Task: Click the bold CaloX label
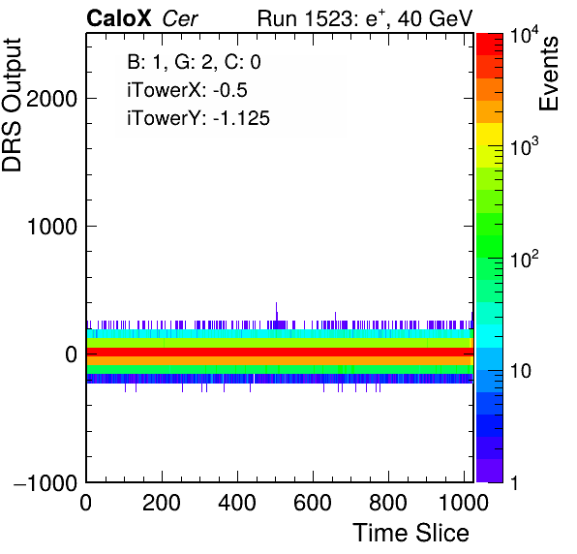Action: click(118, 18)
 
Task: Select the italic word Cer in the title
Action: click(180, 18)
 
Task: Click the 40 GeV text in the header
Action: click(435, 18)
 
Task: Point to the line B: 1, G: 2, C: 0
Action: click(194, 62)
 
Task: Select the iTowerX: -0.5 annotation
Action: click(187, 90)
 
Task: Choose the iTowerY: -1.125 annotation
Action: click(198, 118)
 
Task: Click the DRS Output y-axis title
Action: click(12, 105)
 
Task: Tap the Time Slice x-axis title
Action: click(410, 533)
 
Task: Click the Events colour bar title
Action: click(548, 74)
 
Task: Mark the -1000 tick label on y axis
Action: click(46, 482)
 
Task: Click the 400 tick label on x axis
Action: click(237, 502)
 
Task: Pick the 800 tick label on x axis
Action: click(388, 502)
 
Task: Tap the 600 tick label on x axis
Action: click(313, 502)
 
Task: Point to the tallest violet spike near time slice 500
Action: click(276, 312)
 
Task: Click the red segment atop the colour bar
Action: click(490, 45)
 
